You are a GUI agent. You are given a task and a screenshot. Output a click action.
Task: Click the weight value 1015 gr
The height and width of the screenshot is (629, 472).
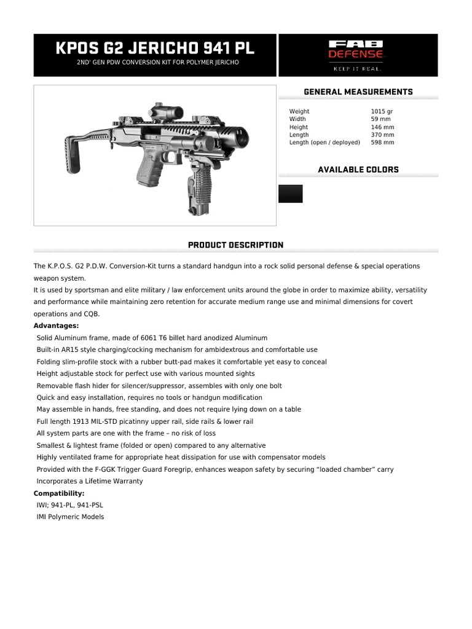(382, 111)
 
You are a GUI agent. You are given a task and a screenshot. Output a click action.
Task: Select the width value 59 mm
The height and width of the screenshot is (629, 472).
(380, 119)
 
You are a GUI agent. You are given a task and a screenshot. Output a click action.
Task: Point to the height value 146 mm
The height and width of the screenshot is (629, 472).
(382, 127)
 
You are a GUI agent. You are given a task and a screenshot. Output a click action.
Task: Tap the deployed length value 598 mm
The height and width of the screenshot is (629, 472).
(382, 143)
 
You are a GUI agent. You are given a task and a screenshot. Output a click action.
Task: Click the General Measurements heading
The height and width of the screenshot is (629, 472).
(358, 92)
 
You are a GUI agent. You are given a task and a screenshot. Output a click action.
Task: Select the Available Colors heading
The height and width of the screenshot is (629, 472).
(358, 170)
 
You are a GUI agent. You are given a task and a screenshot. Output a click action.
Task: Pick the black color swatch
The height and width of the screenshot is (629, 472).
(290, 193)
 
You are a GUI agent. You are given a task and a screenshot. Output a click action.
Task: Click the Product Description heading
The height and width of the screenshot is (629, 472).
(235, 245)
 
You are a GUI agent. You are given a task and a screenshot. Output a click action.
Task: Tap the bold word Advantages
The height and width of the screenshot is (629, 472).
(56, 326)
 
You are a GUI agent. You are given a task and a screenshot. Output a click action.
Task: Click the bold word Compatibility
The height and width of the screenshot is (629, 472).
(59, 493)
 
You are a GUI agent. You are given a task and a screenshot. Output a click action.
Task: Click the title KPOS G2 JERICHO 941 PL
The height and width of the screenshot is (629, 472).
(155, 48)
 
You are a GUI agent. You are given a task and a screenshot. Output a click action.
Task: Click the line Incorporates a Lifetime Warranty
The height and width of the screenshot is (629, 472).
(90, 481)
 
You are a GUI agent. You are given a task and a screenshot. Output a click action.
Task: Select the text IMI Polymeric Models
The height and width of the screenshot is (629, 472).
(70, 517)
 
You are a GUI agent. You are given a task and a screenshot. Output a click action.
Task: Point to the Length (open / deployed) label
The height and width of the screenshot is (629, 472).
(324, 143)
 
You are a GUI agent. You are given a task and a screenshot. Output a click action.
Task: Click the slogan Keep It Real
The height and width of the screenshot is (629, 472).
(358, 69)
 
